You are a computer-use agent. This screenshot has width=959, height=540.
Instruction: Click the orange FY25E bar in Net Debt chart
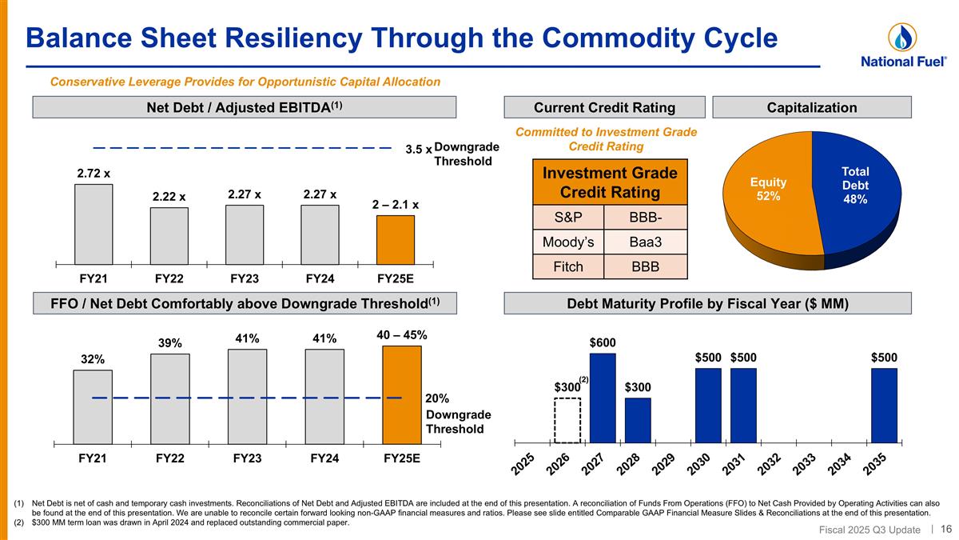[396, 239]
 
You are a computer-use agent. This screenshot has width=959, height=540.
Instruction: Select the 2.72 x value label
[94, 172]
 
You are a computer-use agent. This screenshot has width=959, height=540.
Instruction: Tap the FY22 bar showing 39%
[170, 398]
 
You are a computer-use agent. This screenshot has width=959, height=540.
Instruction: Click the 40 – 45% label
[401, 335]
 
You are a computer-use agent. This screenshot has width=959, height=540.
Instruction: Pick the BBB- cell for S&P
[644, 217]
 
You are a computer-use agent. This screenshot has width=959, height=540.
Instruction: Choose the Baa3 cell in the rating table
[644, 242]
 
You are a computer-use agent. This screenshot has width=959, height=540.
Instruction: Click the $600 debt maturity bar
[603, 398]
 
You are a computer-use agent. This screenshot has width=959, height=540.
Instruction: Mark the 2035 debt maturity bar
[884, 405]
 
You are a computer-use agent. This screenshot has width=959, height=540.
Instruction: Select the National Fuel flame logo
[902, 38]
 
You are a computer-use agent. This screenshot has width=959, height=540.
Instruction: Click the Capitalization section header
[811, 108]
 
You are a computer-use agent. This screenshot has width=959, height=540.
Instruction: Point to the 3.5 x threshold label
[417, 150]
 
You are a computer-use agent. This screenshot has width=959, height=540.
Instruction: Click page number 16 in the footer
[946, 529]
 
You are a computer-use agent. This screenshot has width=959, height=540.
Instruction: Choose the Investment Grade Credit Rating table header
[611, 183]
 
